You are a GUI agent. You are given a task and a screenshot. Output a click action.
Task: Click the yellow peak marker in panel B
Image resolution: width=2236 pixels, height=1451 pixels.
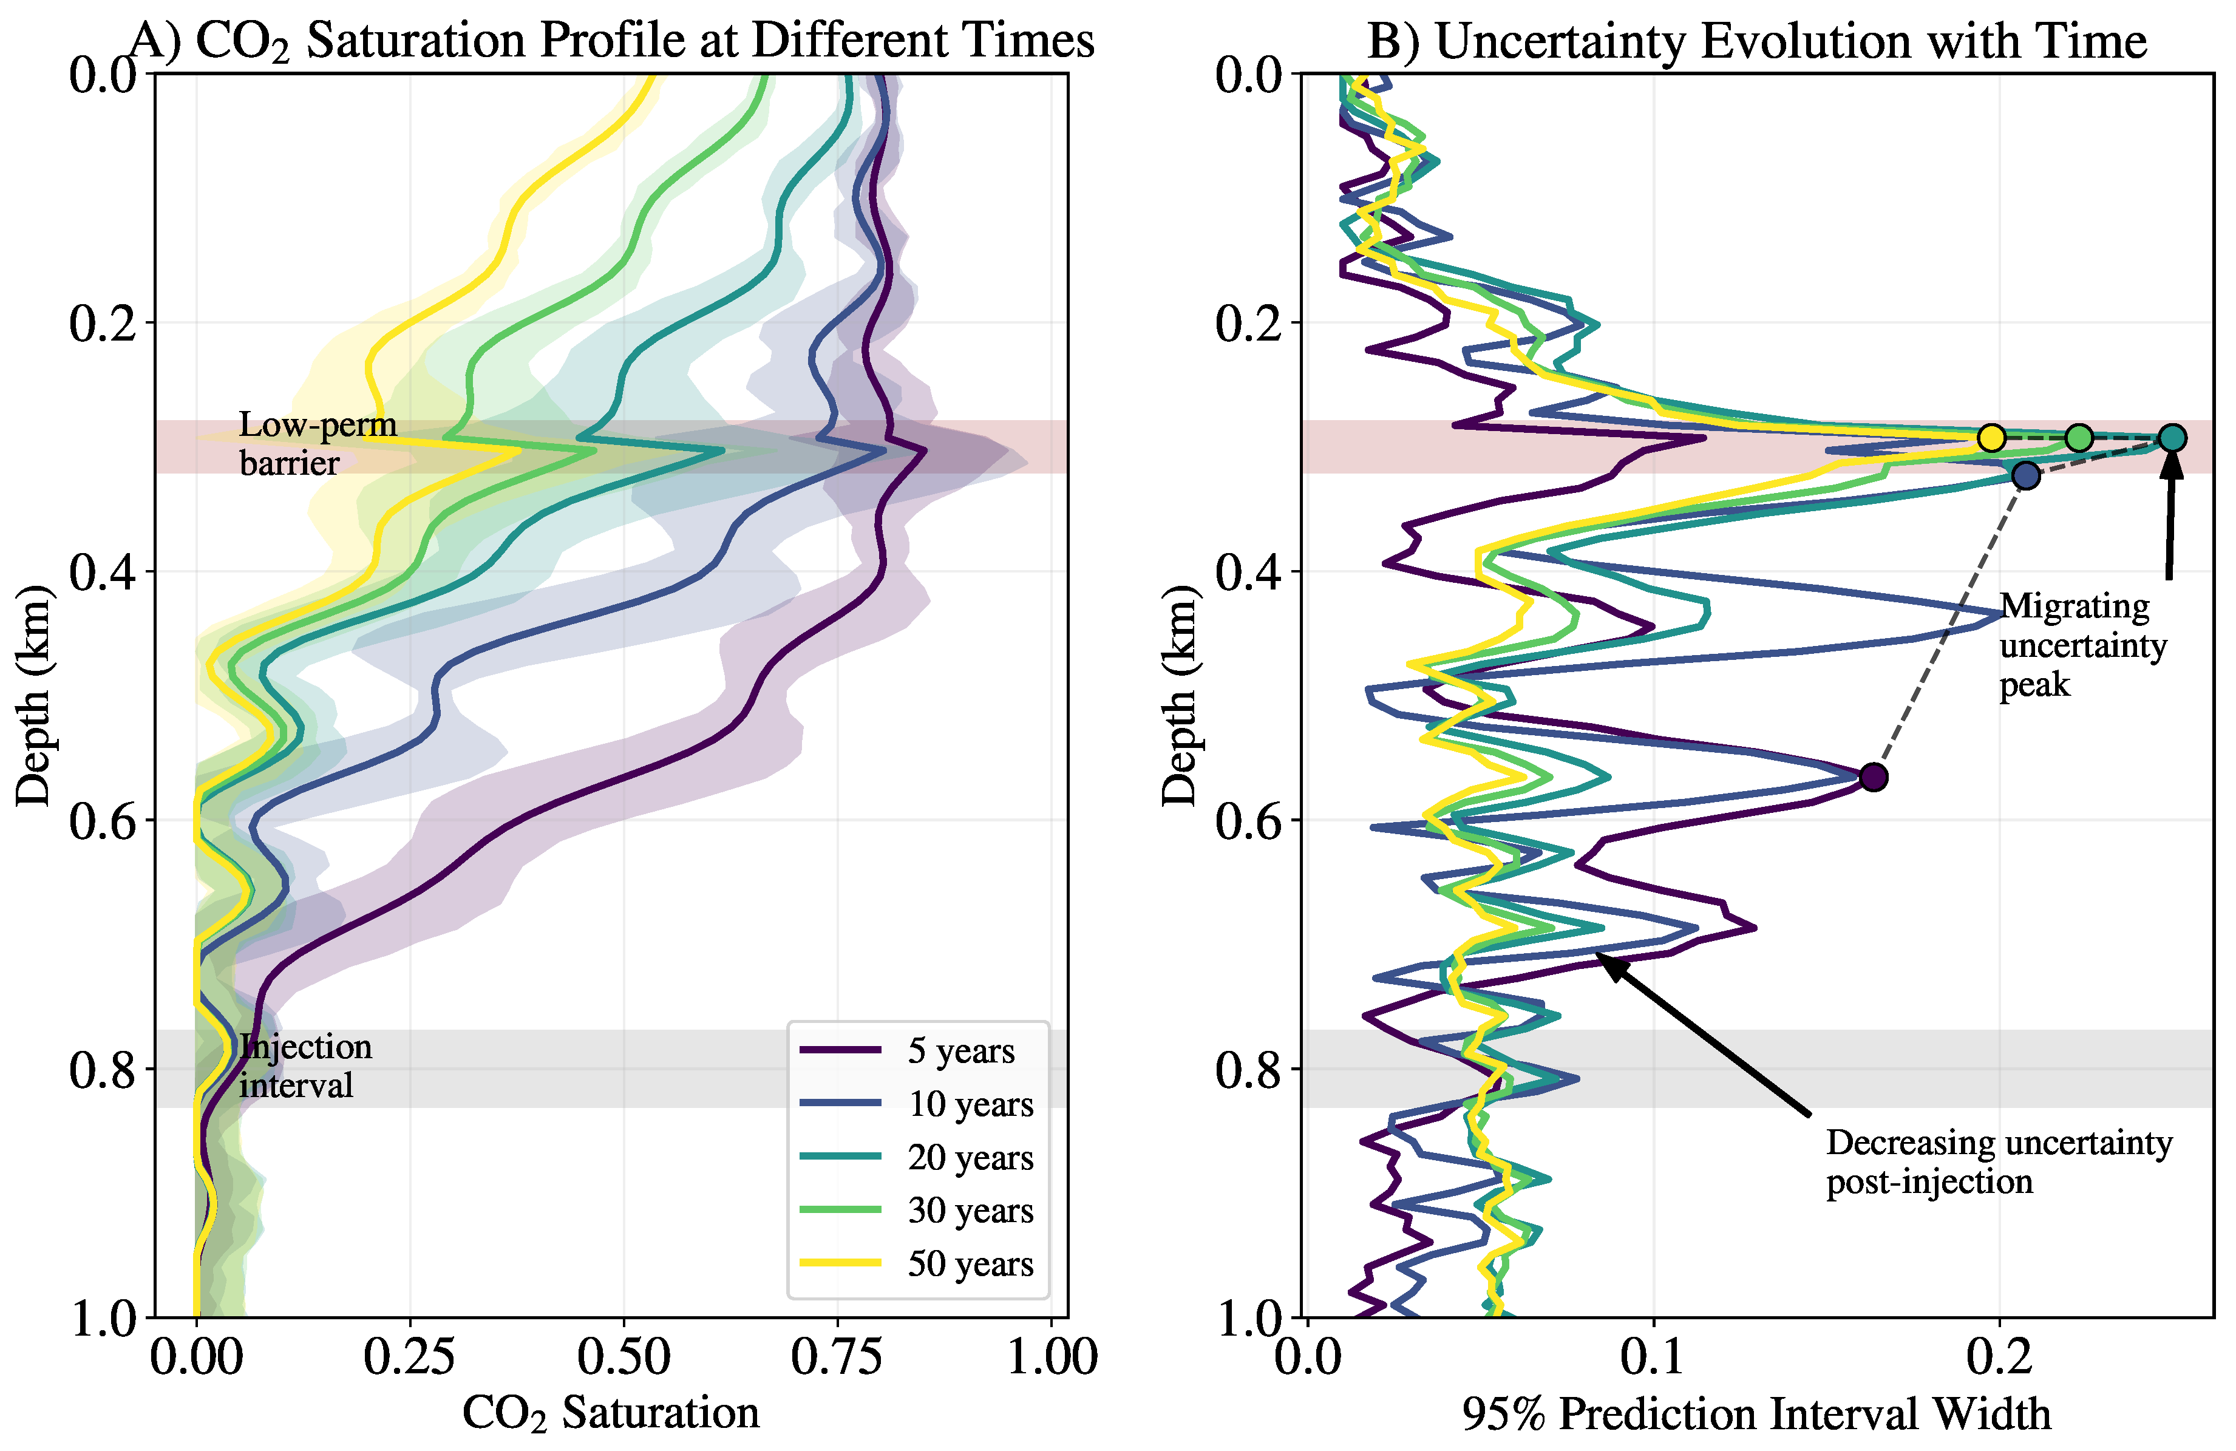point(1991,437)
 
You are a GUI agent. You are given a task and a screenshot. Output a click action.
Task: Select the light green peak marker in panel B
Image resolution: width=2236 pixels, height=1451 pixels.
point(2079,437)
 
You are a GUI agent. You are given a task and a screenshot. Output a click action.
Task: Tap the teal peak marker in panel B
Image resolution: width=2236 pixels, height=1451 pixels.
point(2171,437)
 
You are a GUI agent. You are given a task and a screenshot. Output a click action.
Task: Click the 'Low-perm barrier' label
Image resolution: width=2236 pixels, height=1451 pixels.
point(317,444)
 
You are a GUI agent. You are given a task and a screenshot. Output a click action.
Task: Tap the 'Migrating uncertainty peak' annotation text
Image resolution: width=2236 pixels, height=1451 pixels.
point(2082,645)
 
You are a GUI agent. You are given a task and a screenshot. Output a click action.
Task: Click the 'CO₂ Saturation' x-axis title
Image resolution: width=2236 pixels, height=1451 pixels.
point(611,1413)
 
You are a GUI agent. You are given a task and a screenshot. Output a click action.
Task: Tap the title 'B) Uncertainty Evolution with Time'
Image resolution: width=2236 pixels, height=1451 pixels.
point(1756,41)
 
